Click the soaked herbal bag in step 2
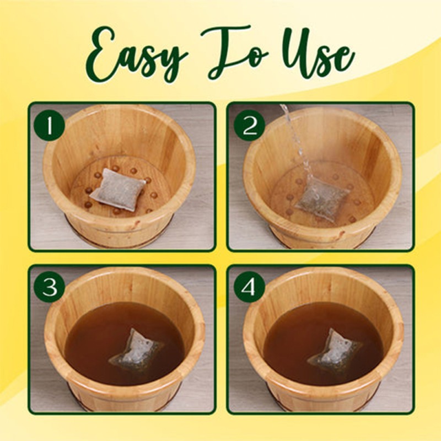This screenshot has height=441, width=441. [322, 198]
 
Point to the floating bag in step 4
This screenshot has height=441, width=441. [335, 348]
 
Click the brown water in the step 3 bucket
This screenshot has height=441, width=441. [94, 336]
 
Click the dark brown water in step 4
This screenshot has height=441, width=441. [292, 336]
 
